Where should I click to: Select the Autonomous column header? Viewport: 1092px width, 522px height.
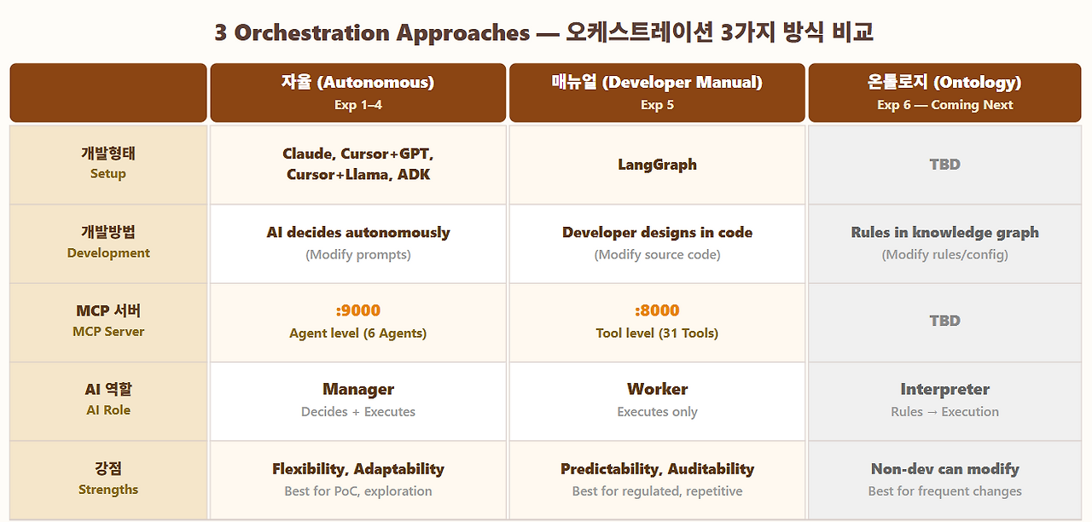tap(357, 92)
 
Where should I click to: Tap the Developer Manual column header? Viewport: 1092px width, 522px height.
tap(657, 92)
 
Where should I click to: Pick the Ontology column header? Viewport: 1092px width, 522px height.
tap(944, 92)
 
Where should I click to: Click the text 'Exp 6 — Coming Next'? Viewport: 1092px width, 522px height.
tap(944, 105)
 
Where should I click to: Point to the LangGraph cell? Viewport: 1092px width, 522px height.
tap(657, 165)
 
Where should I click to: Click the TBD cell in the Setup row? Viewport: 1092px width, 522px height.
tap(944, 165)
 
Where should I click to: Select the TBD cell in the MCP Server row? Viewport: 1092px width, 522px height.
tap(944, 321)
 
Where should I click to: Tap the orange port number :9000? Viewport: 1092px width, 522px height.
tap(357, 310)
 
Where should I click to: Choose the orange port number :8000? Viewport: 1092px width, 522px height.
tap(657, 310)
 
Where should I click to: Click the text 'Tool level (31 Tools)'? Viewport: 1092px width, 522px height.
tap(657, 333)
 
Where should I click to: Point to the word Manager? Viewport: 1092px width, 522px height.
tap(358, 390)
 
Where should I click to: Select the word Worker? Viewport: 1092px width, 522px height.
tap(657, 389)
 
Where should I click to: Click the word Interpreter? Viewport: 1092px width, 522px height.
tap(944, 390)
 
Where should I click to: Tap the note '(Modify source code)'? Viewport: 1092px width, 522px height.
tap(657, 254)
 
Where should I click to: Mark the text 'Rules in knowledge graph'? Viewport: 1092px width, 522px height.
tap(944, 233)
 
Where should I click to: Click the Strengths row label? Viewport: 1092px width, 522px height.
tap(108, 478)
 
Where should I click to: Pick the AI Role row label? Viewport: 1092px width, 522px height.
tap(108, 399)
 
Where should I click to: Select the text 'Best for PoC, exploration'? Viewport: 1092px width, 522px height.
tap(358, 490)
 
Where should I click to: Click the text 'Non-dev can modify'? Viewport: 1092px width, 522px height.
tap(944, 469)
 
